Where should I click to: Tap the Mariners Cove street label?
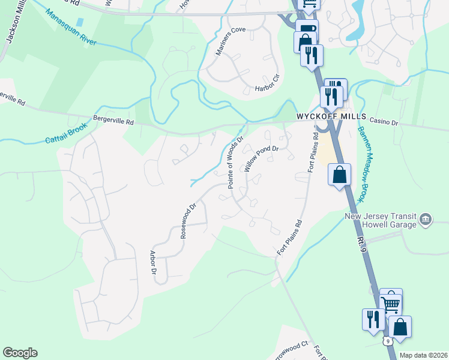tap(231, 38)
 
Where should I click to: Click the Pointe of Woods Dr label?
tap(235, 162)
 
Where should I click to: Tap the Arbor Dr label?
tap(154, 263)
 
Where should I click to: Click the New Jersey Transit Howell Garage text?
tap(380, 220)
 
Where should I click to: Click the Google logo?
tap(20, 353)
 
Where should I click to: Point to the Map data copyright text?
tap(424, 355)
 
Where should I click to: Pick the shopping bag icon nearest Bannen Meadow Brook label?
tap(339, 175)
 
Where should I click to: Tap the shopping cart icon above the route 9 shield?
tap(391, 302)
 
